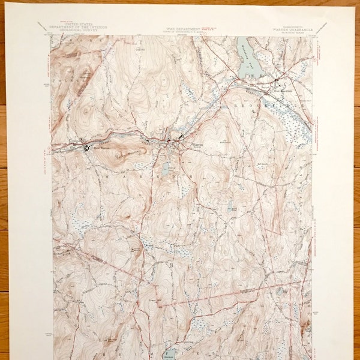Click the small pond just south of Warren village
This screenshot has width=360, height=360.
(166, 169)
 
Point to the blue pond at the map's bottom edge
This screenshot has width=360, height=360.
(170, 353)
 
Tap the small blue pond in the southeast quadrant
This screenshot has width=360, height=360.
(280, 292)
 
